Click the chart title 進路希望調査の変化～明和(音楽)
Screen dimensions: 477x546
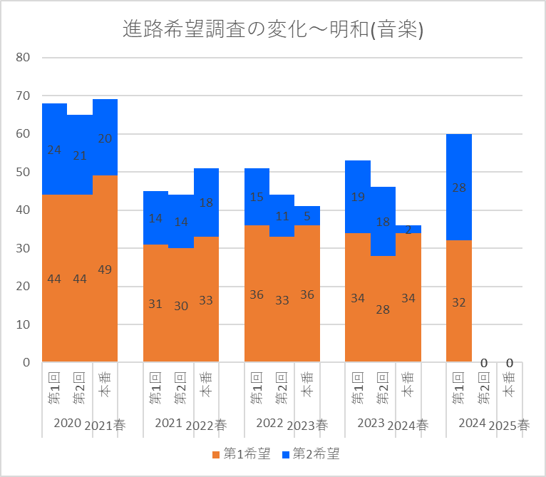(273, 29)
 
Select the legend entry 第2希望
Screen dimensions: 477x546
(311, 453)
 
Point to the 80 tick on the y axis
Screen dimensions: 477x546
(22, 57)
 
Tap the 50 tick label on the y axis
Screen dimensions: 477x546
(22, 172)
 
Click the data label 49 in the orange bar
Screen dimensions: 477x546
(105, 270)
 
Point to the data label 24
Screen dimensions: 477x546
(54, 150)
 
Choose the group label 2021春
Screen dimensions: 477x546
(105, 426)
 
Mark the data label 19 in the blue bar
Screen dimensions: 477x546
(358, 198)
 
